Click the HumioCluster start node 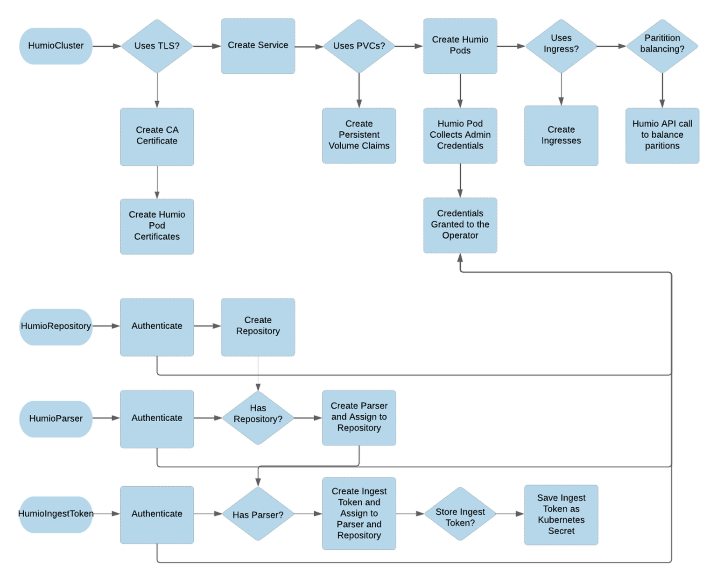click(56, 46)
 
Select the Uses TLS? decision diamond click(157, 46)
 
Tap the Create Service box click(258, 46)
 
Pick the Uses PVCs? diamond click(359, 46)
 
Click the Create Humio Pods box click(460, 46)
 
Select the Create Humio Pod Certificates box click(157, 226)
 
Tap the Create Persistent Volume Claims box click(359, 135)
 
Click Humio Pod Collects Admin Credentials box click(460, 135)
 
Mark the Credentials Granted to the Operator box click(460, 225)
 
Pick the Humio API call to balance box click(662, 135)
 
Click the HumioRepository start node click(56, 326)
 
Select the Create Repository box click(258, 327)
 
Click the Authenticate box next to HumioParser click(157, 418)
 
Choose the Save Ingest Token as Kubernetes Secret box click(561, 514)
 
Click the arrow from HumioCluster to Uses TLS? click(106, 46)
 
